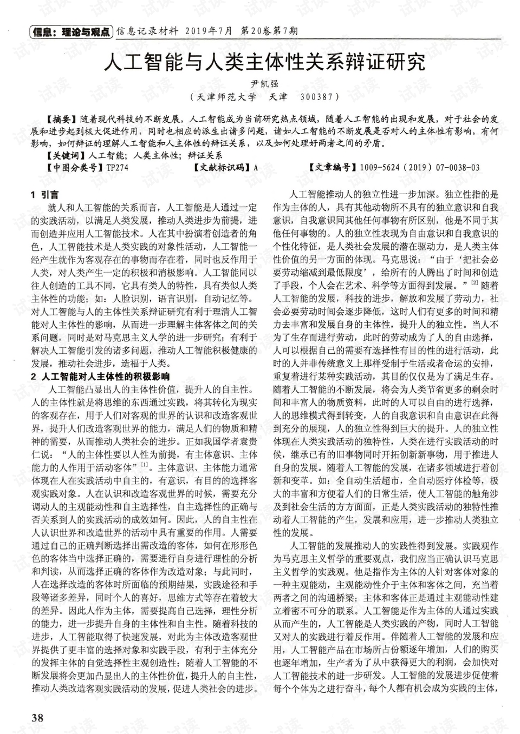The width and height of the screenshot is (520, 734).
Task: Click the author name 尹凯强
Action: point(263,84)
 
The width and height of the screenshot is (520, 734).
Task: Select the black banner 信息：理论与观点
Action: point(70,31)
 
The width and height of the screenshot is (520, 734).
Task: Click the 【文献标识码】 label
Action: point(222,168)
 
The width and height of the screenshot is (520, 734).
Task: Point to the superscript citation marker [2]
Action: point(474,282)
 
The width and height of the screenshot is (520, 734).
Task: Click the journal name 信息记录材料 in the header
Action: point(147,31)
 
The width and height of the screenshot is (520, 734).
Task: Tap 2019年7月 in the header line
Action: point(209,31)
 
